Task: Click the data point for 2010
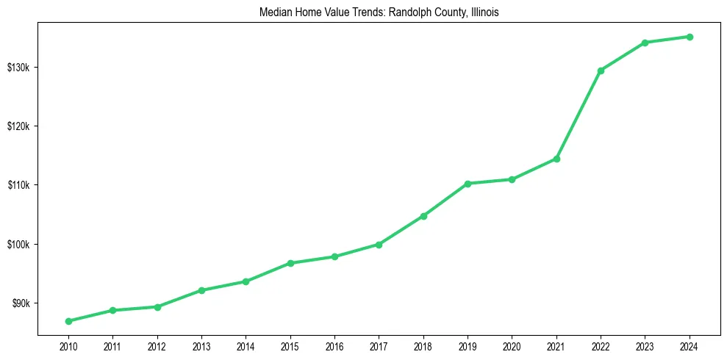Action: [x=68, y=321]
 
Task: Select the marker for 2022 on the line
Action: [x=601, y=71]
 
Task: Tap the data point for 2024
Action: [x=690, y=37]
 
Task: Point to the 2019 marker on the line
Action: [x=468, y=184]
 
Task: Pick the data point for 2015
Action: [x=290, y=263]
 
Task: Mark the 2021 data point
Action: [x=556, y=159]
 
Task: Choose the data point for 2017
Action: [x=379, y=245]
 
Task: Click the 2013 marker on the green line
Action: [x=201, y=290]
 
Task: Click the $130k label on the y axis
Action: [x=18, y=68]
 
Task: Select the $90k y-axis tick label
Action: [x=20, y=303]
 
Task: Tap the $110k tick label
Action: [x=18, y=185]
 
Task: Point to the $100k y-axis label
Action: [x=18, y=245]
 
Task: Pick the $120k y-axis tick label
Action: [x=18, y=126]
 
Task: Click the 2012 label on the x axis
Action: [x=157, y=345]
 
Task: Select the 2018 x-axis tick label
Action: [x=423, y=345]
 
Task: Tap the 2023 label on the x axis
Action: [x=645, y=345]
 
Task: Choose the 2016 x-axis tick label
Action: [x=334, y=345]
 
